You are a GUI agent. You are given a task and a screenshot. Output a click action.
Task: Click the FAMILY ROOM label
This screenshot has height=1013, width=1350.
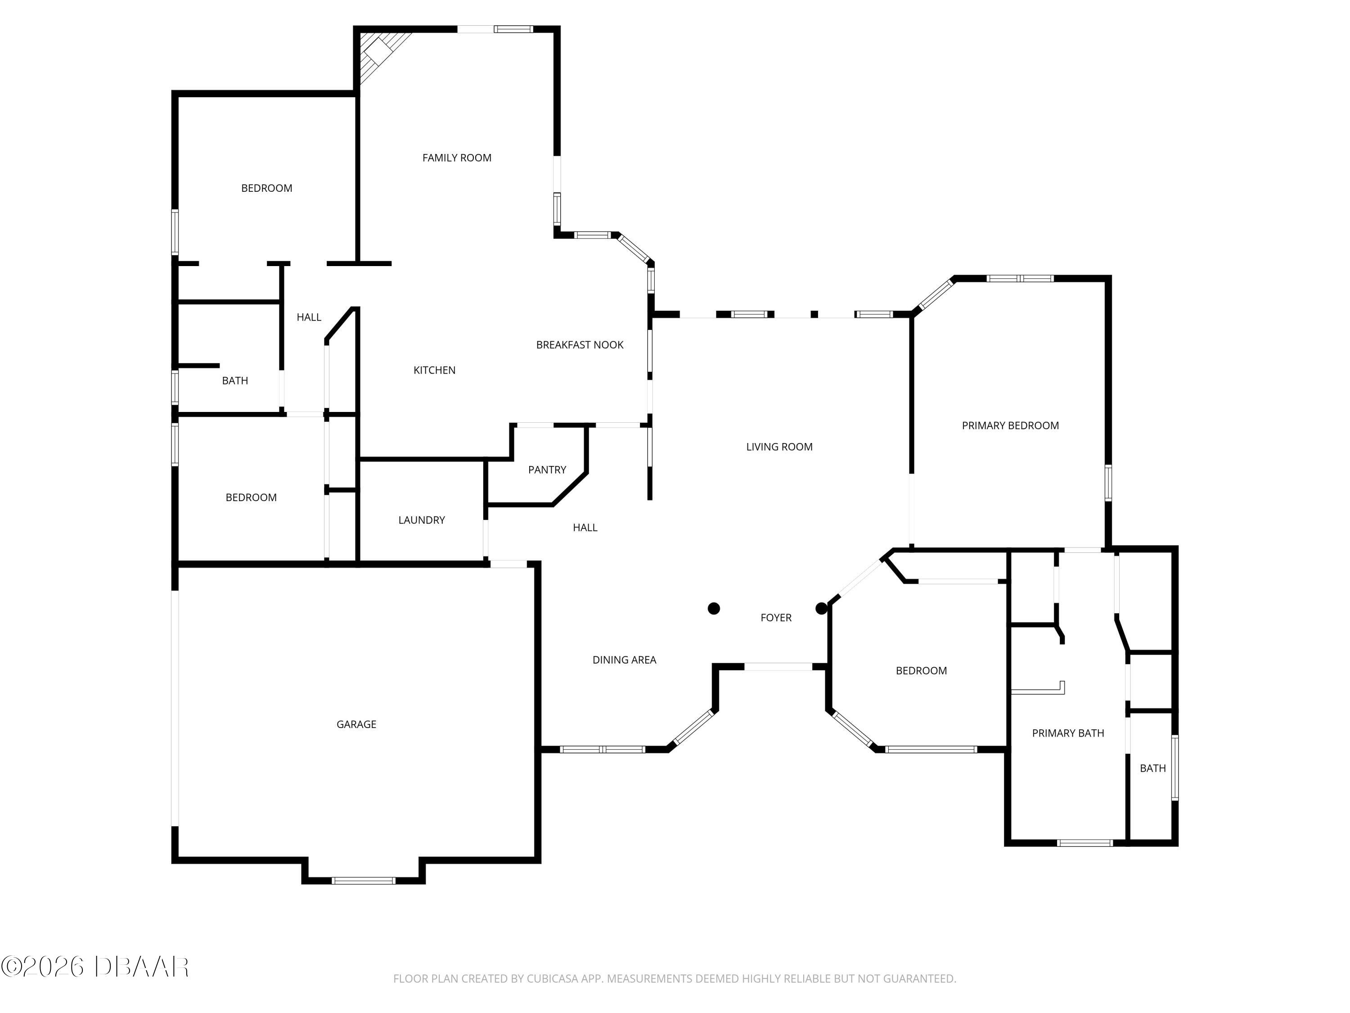pyautogui.click(x=456, y=158)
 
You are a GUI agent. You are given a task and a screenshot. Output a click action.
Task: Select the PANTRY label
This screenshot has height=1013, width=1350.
pyautogui.click(x=547, y=470)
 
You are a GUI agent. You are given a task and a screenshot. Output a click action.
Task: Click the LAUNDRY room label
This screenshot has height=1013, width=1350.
pyautogui.click(x=421, y=520)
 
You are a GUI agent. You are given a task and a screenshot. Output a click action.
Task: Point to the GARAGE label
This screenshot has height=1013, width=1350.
pyautogui.click(x=356, y=724)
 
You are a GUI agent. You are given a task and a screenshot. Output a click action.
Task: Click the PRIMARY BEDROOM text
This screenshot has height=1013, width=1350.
pyautogui.click(x=1010, y=425)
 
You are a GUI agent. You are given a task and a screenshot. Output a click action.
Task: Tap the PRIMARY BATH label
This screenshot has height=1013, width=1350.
pyautogui.click(x=1067, y=733)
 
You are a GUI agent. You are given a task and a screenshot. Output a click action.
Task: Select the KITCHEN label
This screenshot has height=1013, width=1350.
pyautogui.click(x=434, y=370)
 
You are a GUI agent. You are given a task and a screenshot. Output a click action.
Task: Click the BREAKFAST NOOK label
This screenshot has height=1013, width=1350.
pyautogui.click(x=579, y=345)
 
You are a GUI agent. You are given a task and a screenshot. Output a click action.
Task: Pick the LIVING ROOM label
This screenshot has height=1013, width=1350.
pyautogui.click(x=779, y=447)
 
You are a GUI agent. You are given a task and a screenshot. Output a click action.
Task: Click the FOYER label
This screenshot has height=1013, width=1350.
pyautogui.click(x=776, y=617)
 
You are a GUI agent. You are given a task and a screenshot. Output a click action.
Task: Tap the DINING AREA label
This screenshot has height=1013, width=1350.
pyautogui.click(x=624, y=660)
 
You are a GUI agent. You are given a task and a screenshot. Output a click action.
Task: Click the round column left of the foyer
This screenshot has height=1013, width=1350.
pyautogui.click(x=713, y=608)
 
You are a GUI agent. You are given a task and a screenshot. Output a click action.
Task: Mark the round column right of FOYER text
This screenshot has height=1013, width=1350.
pyautogui.click(x=821, y=608)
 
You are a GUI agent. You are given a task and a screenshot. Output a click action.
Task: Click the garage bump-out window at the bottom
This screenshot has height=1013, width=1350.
pyautogui.click(x=363, y=881)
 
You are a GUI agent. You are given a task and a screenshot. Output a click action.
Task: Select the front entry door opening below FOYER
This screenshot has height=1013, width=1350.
pyautogui.click(x=778, y=667)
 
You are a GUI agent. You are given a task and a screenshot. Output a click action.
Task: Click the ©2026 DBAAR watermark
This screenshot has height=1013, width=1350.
pyautogui.click(x=94, y=967)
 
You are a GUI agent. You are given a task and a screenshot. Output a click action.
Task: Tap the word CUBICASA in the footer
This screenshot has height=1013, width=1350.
pyautogui.click(x=552, y=979)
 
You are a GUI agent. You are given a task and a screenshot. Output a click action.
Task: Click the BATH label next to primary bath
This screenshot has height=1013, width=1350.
pyautogui.click(x=1152, y=768)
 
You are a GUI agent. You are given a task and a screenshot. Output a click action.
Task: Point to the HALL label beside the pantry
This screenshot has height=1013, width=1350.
pyautogui.click(x=585, y=528)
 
